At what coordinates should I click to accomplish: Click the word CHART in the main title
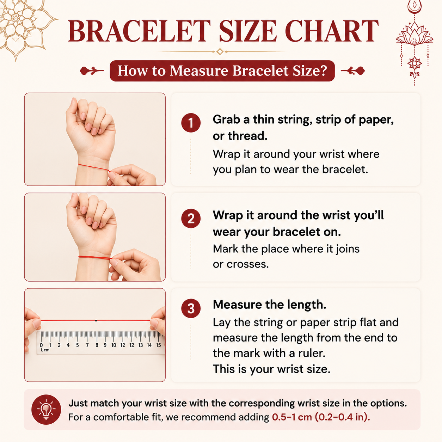tap(331, 31)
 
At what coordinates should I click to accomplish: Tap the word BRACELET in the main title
tap(139, 31)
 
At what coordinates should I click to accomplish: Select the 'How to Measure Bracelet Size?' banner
tap(222, 70)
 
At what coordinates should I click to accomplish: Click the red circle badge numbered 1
tap(191, 123)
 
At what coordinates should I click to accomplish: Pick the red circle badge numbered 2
tap(191, 219)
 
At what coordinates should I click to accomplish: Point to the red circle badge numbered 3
tap(191, 308)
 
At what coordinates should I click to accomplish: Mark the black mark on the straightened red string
tap(96, 320)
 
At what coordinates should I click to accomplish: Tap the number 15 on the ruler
tap(158, 345)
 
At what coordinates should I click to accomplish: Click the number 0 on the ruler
tap(41, 345)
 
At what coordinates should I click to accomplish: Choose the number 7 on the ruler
tap(87, 345)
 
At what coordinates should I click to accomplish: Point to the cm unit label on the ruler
tap(45, 350)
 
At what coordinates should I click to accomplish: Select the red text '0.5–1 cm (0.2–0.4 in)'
tap(321, 417)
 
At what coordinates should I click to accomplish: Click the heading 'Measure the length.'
tap(270, 305)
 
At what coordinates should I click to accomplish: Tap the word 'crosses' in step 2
tap(247, 264)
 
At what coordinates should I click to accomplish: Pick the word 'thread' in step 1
tap(247, 136)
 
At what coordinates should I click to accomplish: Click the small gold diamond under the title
tap(220, 51)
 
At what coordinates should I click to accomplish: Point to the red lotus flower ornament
tap(414, 36)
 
